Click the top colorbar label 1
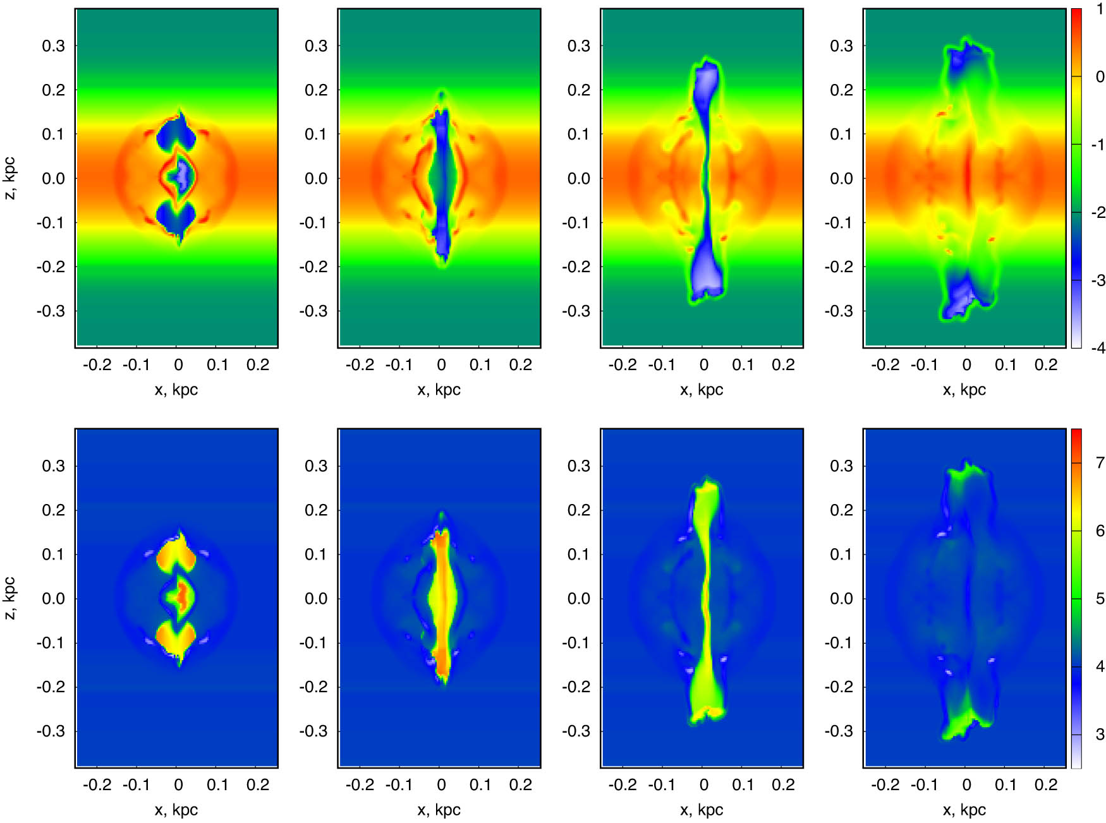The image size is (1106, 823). click(x=1100, y=9)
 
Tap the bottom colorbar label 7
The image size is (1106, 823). click(x=1100, y=463)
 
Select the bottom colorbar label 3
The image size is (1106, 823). click(x=1100, y=734)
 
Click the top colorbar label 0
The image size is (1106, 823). click(x=1100, y=77)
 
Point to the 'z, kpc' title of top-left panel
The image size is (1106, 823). click(x=10, y=178)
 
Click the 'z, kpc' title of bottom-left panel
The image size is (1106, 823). click(x=10, y=598)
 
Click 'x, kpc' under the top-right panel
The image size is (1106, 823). click(x=964, y=390)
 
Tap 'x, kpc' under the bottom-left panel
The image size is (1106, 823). click(x=176, y=810)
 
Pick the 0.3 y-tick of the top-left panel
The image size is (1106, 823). click(x=53, y=45)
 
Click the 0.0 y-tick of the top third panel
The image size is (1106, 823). click(x=578, y=178)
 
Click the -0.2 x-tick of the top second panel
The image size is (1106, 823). click(x=360, y=364)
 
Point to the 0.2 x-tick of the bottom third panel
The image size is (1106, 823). click(x=783, y=784)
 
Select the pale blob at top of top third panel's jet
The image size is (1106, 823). click(x=706, y=82)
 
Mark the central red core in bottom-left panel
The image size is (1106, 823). click(x=181, y=594)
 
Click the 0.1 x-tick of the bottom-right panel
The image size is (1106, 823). click(x=1006, y=784)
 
